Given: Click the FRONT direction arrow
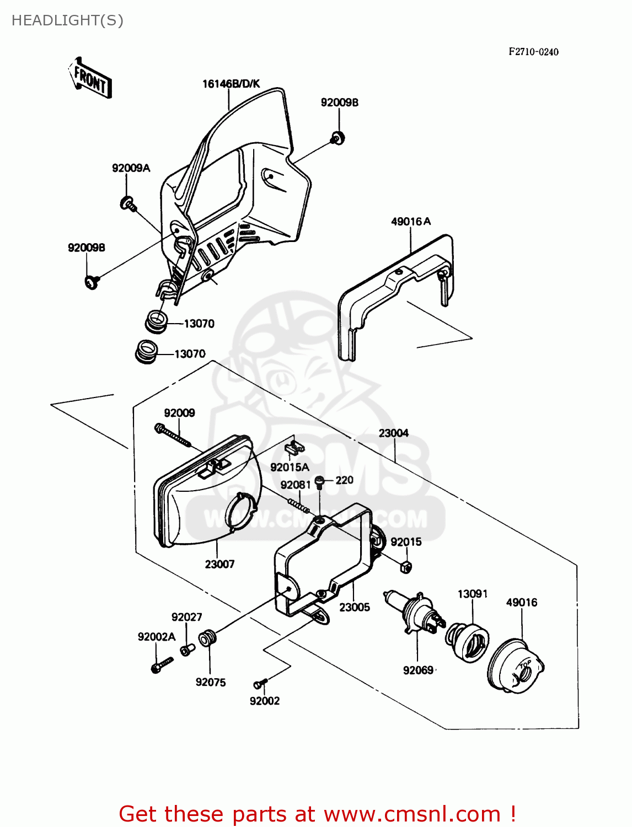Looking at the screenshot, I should [90, 79].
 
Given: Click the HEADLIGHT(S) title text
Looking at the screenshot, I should [67, 20].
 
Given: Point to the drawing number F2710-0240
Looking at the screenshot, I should [533, 52].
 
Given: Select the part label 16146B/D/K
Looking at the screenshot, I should [231, 84].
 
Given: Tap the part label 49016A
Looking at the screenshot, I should [411, 222].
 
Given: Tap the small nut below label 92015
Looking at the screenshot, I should [405, 566].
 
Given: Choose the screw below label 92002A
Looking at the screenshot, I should [162, 664].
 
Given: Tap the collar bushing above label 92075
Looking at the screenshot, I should [208, 640].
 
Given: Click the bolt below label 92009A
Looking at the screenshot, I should [128, 203].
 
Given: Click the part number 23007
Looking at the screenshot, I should [219, 564].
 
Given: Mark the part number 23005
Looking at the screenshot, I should [354, 607].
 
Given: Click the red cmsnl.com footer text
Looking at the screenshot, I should [317, 814].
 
